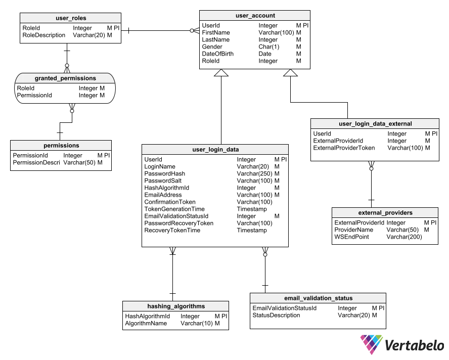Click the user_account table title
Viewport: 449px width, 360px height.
[x=255, y=16]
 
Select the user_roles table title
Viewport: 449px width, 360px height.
[x=71, y=19]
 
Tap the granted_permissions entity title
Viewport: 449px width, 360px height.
[x=65, y=78]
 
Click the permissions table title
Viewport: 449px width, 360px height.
[x=61, y=146]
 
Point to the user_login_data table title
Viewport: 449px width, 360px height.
[x=215, y=150]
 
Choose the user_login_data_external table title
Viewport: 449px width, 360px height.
[x=375, y=123]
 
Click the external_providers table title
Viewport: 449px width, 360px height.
[x=385, y=213]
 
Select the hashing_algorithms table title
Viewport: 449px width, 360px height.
[x=176, y=306]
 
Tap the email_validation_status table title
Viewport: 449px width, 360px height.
[x=318, y=298]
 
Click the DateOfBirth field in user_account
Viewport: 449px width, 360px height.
[x=217, y=54]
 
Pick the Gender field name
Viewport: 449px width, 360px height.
[x=212, y=47]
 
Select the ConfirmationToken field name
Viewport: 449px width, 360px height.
[x=170, y=202]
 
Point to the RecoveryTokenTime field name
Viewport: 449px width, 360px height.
[x=172, y=230]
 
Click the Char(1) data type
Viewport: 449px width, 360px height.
[x=269, y=47]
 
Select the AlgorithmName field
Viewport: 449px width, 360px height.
[x=146, y=323]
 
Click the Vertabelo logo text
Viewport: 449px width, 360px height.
[x=414, y=345]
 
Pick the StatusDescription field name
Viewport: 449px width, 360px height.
[x=276, y=315]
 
